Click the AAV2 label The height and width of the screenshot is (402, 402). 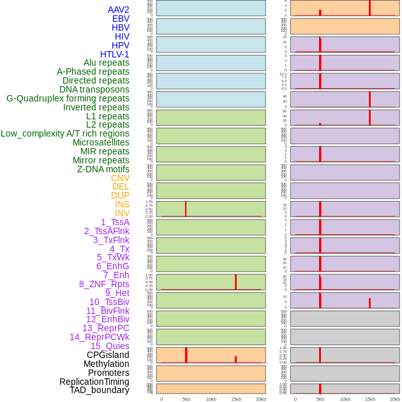(x=118, y=10)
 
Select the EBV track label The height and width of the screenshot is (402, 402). (x=121, y=19)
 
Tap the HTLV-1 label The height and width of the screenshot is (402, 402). (x=114, y=54)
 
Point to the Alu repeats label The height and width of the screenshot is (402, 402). (x=107, y=63)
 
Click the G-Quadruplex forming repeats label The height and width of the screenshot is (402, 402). (x=68, y=98)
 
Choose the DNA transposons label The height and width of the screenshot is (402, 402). (x=94, y=89)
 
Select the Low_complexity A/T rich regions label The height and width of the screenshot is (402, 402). (x=65, y=133)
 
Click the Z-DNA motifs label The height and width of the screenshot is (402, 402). (x=103, y=169)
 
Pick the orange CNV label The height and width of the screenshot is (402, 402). (x=120, y=178)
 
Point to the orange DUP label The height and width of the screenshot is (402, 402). (x=120, y=195)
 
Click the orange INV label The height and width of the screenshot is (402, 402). (x=122, y=213)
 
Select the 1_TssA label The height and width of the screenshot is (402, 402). (x=115, y=222)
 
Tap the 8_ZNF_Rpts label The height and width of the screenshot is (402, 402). (x=104, y=284)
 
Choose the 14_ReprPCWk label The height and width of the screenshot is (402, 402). (x=100, y=337)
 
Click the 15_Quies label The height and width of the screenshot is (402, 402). (x=110, y=346)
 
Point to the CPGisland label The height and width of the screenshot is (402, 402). (x=108, y=355)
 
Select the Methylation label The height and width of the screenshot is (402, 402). (x=106, y=364)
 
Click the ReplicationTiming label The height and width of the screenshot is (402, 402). (x=94, y=382)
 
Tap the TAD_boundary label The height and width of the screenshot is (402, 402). (x=100, y=390)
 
